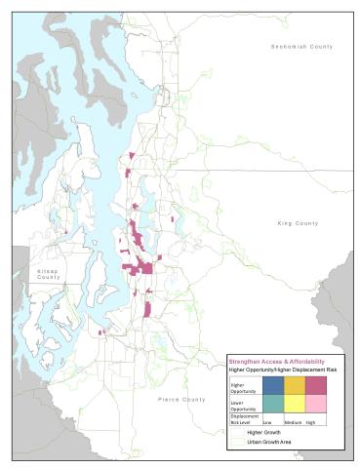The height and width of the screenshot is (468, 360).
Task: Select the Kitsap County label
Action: [x=48, y=273]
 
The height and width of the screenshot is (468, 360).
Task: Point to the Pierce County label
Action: [x=181, y=399]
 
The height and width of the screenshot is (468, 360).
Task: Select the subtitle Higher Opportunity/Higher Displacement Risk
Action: [x=283, y=370]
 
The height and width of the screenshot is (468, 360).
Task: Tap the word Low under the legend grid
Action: [x=266, y=423]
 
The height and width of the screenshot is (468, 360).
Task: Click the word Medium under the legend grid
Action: [x=291, y=423]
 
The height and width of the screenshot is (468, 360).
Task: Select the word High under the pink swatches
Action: [x=311, y=423]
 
